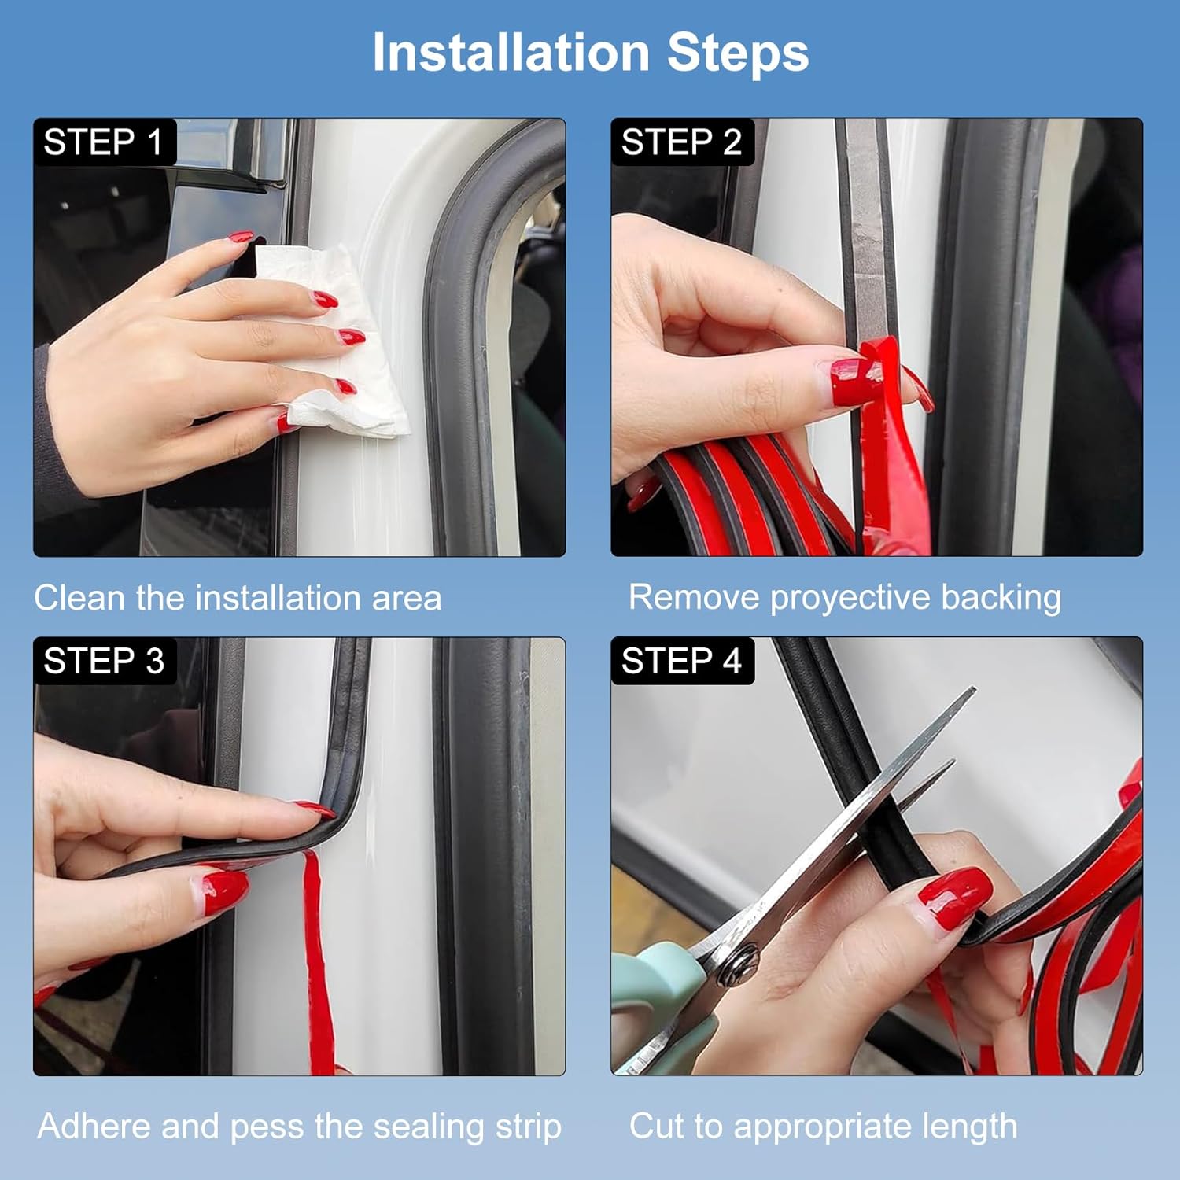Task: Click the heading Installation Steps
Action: click(x=591, y=53)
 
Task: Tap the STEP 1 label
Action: click(x=103, y=142)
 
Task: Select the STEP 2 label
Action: click(x=682, y=142)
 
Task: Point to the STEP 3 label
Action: click(x=104, y=661)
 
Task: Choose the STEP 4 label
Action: click(x=682, y=661)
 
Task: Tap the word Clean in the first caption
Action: click(x=80, y=598)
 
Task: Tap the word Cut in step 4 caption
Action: click(x=657, y=1126)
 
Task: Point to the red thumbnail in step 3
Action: click(x=223, y=890)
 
